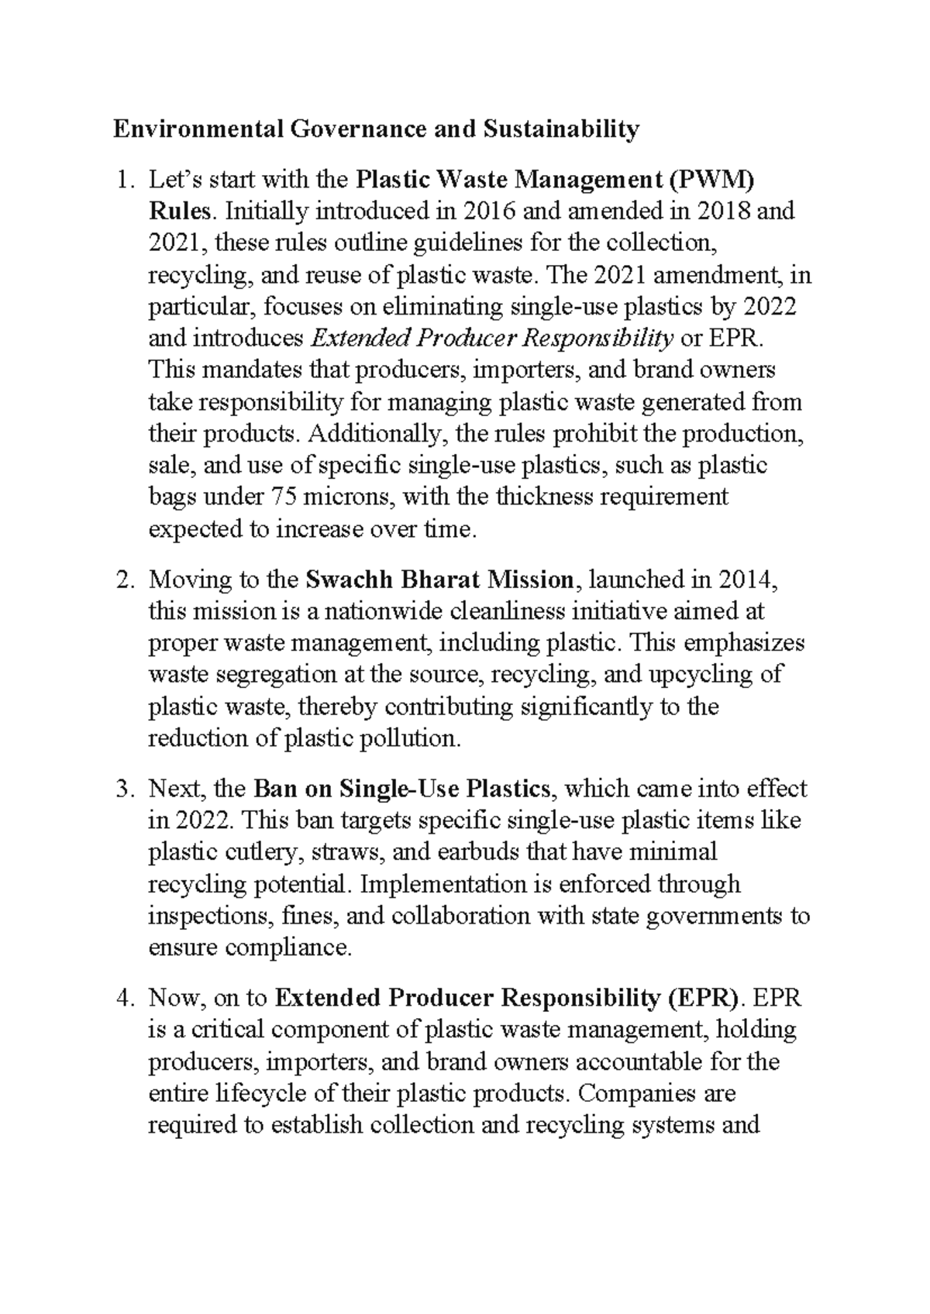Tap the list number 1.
123,181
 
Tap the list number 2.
123,580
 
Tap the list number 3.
123,789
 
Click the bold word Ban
272,789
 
